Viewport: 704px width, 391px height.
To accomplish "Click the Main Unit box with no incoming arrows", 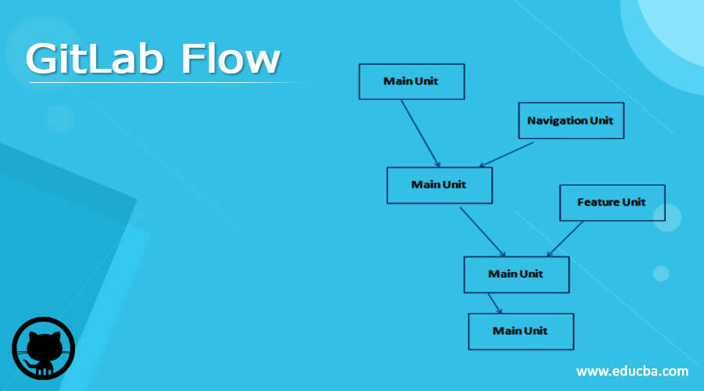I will coord(411,81).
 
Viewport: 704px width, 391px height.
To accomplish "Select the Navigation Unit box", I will coord(570,120).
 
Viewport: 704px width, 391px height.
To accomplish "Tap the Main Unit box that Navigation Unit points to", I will coord(439,185).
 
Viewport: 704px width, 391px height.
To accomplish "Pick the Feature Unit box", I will coord(612,203).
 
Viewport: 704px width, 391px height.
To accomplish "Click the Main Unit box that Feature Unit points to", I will coord(516,274).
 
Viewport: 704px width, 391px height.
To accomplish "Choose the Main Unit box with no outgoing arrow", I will coord(520,331).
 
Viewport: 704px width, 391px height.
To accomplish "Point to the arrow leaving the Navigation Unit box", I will coord(507,153).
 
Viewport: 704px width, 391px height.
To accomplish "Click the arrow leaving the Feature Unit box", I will coord(566,239).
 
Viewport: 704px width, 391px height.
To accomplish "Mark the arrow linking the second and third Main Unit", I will coord(482,231).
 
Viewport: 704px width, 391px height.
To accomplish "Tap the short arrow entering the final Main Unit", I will coord(494,303).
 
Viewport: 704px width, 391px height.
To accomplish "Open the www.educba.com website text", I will coord(632,371).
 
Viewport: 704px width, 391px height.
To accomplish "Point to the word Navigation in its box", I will coord(556,120).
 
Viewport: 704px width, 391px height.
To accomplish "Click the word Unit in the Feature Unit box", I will coord(634,203).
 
